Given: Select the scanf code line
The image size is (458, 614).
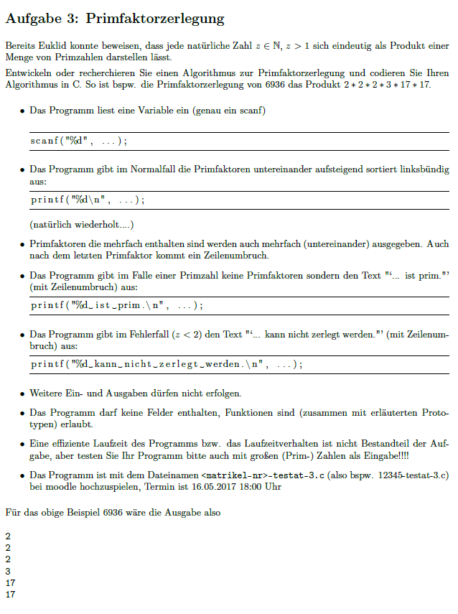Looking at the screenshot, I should coord(79,141).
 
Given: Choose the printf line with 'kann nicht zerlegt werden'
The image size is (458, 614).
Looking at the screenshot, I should coord(166,364).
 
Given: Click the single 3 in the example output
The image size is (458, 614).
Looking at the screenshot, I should coord(8,571).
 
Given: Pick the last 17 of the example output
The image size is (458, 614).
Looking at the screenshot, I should coord(10,595).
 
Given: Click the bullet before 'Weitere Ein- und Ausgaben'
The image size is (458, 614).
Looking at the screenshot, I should coord(23,394).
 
